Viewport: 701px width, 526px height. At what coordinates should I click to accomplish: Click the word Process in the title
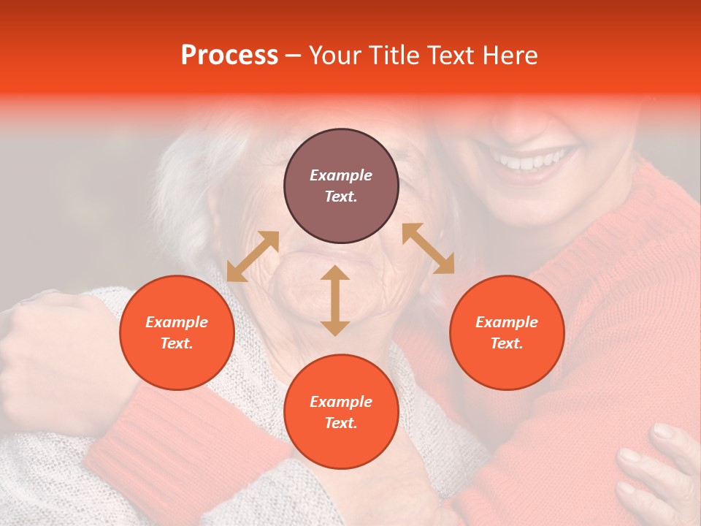229,56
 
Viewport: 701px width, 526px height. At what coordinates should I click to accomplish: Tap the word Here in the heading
508,56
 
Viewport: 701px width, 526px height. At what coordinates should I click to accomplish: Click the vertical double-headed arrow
335,300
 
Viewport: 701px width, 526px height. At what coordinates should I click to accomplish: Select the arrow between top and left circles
253,256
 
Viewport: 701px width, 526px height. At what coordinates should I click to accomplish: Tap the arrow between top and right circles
428,248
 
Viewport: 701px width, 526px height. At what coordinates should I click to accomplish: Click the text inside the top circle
341,186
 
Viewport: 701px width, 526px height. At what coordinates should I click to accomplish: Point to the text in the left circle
177,332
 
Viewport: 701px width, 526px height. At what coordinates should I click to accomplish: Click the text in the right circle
507,332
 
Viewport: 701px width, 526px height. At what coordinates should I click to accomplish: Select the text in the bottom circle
341,412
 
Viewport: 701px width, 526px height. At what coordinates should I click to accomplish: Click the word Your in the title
334,56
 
